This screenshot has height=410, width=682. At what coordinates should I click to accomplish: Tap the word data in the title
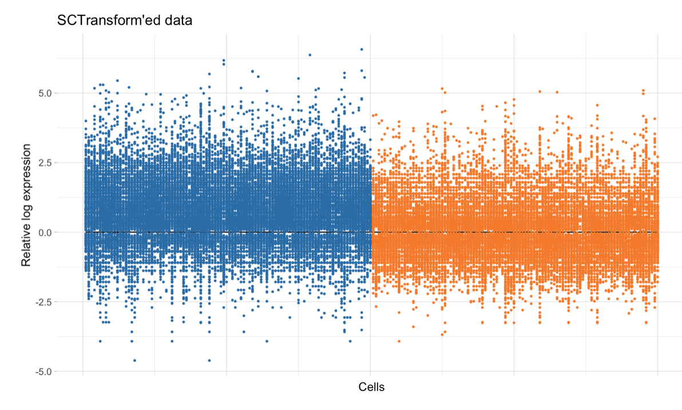177,21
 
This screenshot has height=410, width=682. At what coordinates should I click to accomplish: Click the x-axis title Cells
371,387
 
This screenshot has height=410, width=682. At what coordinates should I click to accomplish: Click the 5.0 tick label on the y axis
43,93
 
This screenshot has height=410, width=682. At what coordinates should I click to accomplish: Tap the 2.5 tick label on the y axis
43,163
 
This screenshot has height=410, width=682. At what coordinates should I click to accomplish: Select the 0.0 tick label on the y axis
43,232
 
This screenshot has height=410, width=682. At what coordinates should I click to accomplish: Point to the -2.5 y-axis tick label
41,302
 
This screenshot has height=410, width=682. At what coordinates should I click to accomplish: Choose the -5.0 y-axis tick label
41,372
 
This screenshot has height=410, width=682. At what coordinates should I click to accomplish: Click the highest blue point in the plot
362,49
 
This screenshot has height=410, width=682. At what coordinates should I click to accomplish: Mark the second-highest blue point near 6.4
310,55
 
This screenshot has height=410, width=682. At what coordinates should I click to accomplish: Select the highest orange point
442,89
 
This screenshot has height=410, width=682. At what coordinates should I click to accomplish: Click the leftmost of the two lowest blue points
135,360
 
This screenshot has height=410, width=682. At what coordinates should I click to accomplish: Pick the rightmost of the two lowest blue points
209,360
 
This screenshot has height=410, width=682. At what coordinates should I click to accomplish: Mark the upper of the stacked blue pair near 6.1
224,60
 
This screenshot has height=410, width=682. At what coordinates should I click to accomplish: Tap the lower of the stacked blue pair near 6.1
224,64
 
